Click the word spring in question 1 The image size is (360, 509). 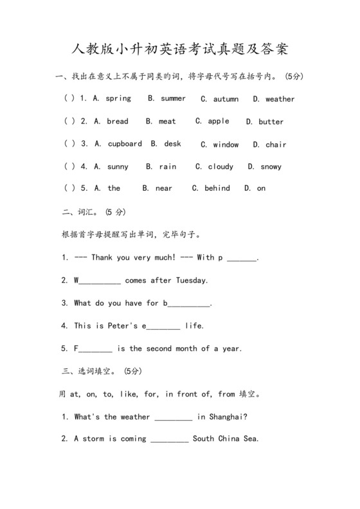[x=118, y=99]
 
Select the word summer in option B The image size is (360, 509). [x=173, y=98]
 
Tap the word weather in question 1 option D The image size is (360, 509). [x=280, y=100]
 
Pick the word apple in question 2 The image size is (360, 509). [x=219, y=121]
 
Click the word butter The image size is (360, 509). [x=271, y=122]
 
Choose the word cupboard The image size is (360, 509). [x=125, y=144]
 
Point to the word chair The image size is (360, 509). [x=276, y=145]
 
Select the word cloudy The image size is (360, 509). [x=221, y=167]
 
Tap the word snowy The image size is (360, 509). [x=271, y=167]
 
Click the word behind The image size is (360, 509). [x=217, y=188]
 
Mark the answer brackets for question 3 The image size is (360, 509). [x=69, y=144]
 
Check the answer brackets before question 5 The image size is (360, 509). [x=69, y=188]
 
